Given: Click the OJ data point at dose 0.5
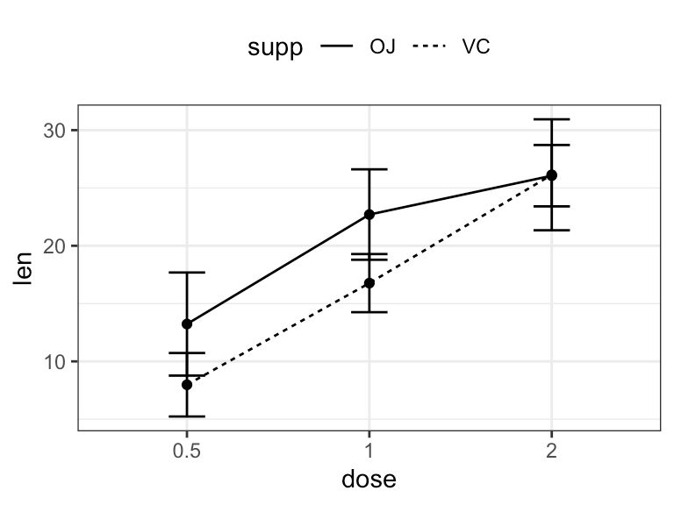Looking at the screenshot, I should coord(187,324).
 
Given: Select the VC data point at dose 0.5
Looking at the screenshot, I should coord(187,385).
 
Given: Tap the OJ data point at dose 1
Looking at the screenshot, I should coord(369,214).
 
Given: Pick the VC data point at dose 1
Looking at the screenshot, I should coord(369,282).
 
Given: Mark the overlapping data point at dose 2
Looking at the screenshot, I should coord(551,175).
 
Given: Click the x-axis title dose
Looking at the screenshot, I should coord(369,480).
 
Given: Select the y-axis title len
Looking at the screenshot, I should coord(24,268).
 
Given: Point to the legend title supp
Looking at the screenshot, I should coord(274,48).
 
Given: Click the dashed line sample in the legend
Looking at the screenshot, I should coord(429,48).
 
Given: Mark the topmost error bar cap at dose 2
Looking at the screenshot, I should coord(551,118).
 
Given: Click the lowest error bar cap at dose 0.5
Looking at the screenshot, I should coord(187,416).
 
